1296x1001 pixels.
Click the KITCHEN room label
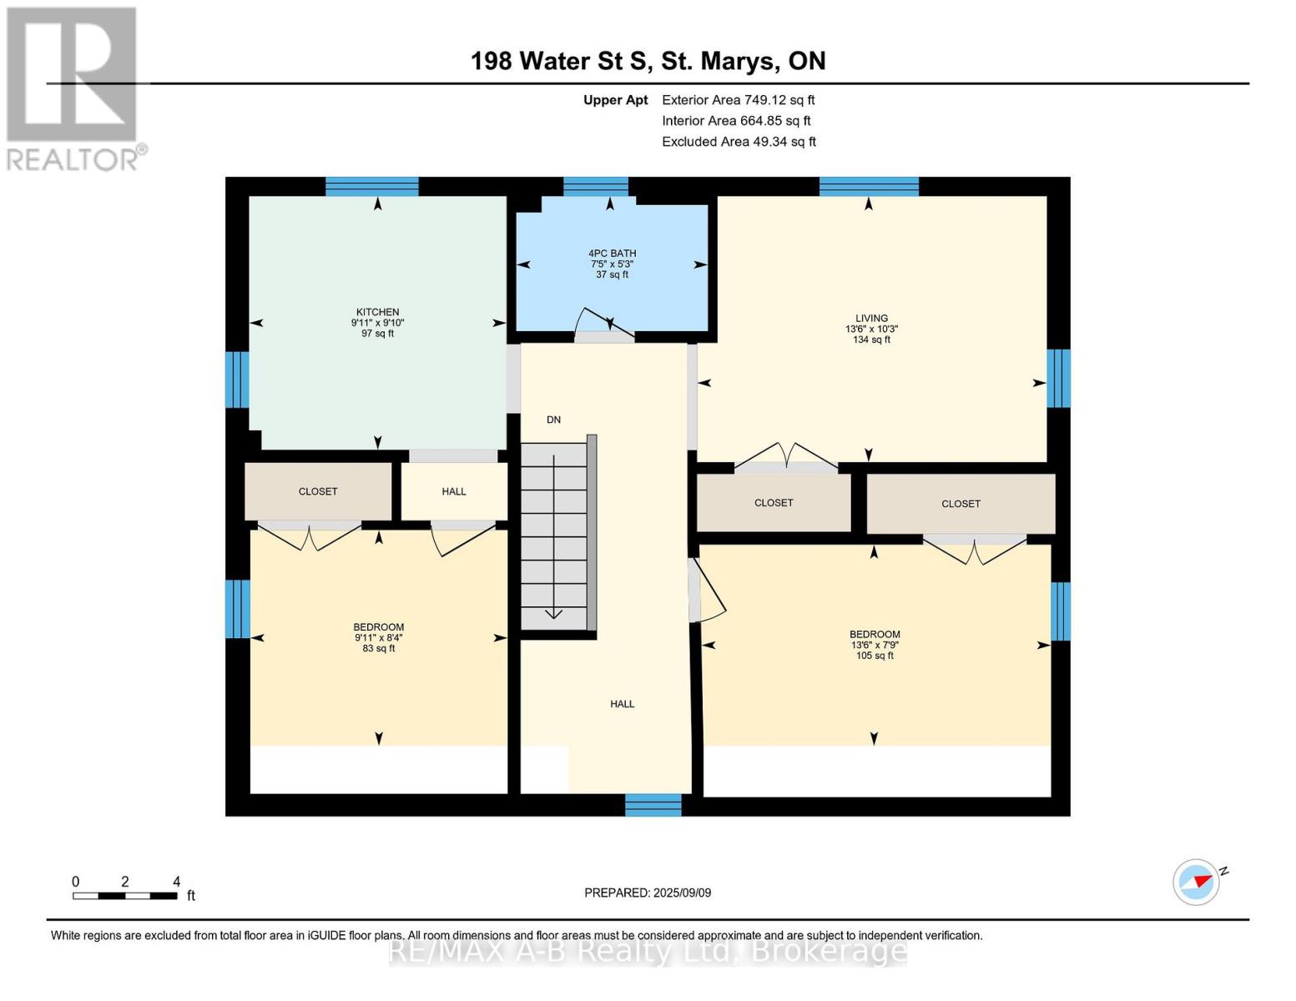(x=377, y=313)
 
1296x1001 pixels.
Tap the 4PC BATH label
(x=612, y=254)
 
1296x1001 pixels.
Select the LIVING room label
(x=871, y=319)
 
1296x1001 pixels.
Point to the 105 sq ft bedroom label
(x=874, y=644)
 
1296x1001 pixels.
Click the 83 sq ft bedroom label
(x=378, y=637)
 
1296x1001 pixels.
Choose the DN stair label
(x=553, y=420)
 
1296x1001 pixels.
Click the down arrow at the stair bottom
(x=553, y=614)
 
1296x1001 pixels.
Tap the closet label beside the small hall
(x=318, y=491)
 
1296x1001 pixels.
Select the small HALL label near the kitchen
(x=454, y=491)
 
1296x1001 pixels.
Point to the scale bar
(x=125, y=896)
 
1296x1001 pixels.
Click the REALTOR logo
(x=73, y=88)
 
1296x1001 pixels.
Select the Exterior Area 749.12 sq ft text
(x=738, y=100)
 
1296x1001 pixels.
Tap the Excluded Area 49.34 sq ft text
(x=739, y=142)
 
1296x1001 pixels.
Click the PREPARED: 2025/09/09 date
(x=648, y=893)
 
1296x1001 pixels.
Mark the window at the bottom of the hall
(x=653, y=805)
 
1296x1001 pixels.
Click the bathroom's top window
(x=595, y=186)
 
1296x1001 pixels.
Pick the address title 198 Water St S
(x=648, y=61)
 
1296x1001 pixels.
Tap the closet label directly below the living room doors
(x=774, y=503)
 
